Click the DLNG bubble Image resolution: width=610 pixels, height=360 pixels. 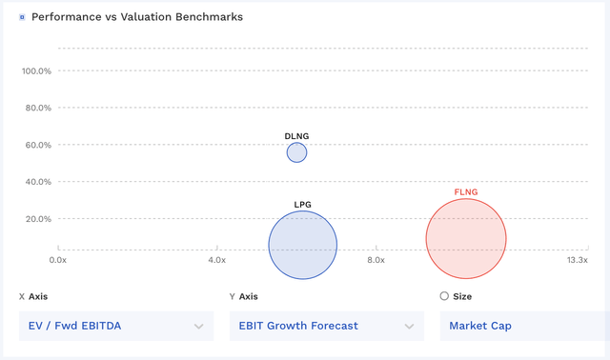[296, 152]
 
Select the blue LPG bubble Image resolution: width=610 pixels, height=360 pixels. [303, 245]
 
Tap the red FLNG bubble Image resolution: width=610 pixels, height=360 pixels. [466, 239]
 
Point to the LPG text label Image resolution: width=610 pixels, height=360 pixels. [303, 205]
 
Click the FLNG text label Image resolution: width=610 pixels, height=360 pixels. [466, 193]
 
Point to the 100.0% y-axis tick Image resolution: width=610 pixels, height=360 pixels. [36, 70]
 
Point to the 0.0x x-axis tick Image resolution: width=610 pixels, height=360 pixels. [57, 259]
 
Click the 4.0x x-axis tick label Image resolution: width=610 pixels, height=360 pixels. [216, 259]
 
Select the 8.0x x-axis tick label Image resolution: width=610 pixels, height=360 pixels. [376, 259]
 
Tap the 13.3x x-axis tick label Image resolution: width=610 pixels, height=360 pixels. [577, 259]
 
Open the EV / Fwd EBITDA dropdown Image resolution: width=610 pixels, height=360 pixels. [113, 326]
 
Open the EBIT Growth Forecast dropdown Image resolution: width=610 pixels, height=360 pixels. [325, 326]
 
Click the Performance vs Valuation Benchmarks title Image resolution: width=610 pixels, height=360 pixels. [137, 17]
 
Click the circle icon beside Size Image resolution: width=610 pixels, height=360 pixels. [444, 296]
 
